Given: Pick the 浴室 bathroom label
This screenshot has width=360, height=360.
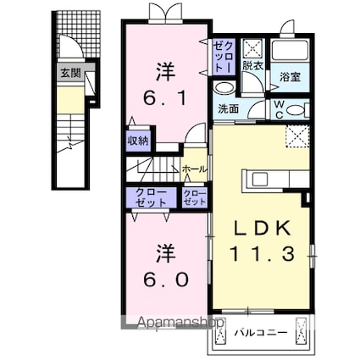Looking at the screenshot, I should click(291, 76).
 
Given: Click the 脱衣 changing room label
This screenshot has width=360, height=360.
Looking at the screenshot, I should click(252, 65).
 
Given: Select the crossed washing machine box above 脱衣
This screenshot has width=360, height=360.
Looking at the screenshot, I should click(252, 47).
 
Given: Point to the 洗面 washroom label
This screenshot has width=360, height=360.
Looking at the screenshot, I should click(229, 108).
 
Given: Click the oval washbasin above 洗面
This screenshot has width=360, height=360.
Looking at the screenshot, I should click(224, 89).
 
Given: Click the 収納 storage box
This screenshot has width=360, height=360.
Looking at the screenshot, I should click(139, 141).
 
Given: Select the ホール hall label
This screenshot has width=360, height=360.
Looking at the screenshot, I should click(191, 169).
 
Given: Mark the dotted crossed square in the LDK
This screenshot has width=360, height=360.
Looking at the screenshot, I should click(296, 136).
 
